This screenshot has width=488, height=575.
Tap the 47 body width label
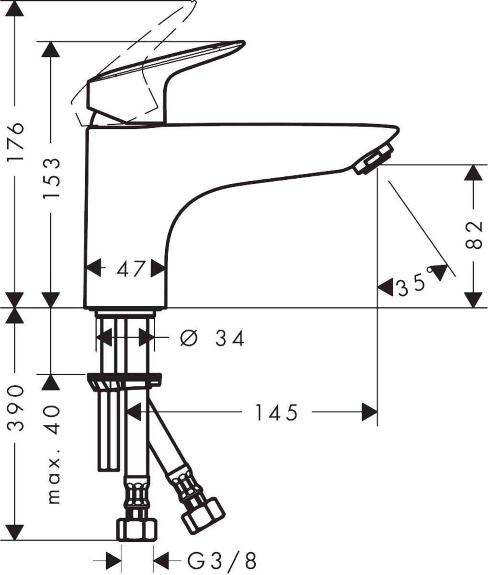point(130,269)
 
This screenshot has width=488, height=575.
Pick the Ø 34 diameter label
point(212,339)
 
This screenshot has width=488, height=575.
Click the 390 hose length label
point(17,407)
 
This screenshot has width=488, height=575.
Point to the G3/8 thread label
point(222,560)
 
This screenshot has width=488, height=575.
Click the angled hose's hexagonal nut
point(204,516)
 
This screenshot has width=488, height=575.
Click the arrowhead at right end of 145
point(369,412)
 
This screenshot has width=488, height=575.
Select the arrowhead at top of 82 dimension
point(473,172)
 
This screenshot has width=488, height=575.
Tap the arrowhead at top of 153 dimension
point(51,50)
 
